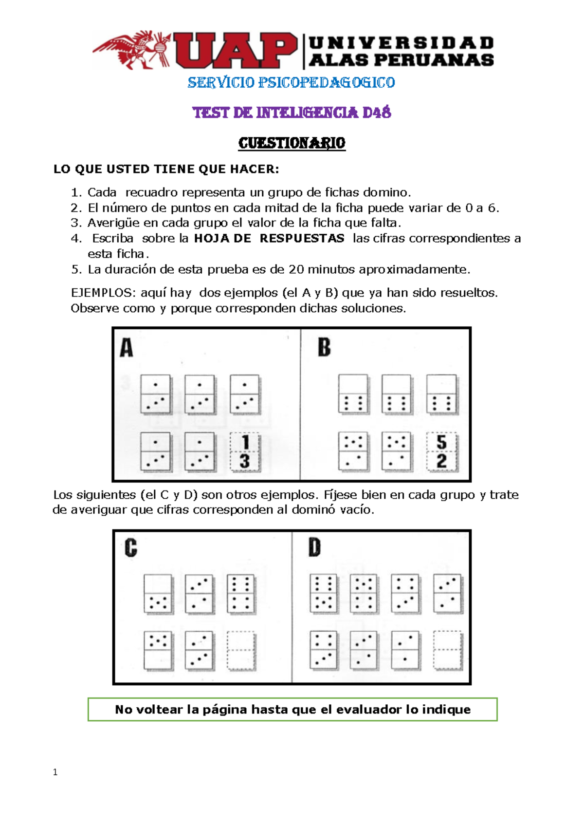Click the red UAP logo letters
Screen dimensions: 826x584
click(x=235, y=50)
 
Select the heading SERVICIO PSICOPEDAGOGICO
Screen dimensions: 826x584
click(x=291, y=82)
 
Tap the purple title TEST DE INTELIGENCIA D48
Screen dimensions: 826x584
click(x=292, y=113)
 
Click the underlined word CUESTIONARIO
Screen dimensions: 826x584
click(x=292, y=143)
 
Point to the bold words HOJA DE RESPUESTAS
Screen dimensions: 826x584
click(x=269, y=238)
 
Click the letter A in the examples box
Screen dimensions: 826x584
click(x=127, y=348)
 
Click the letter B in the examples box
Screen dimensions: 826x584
click(x=324, y=348)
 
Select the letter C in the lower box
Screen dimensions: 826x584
click(x=130, y=547)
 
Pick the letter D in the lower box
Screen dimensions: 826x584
click(x=315, y=547)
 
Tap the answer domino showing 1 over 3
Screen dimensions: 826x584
click(x=245, y=452)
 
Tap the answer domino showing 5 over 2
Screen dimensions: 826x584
click(x=441, y=452)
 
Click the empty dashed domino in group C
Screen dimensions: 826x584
click(x=241, y=651)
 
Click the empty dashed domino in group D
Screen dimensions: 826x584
click(x=447, y=651)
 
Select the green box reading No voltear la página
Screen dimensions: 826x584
click(x=292, y=709)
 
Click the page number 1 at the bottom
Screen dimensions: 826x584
click(x=55, y=772)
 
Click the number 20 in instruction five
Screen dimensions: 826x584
click(x=296, y=269)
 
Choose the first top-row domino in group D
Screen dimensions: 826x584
click(x=323, y=593)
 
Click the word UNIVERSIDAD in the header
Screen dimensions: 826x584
click(x=401, y=43)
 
